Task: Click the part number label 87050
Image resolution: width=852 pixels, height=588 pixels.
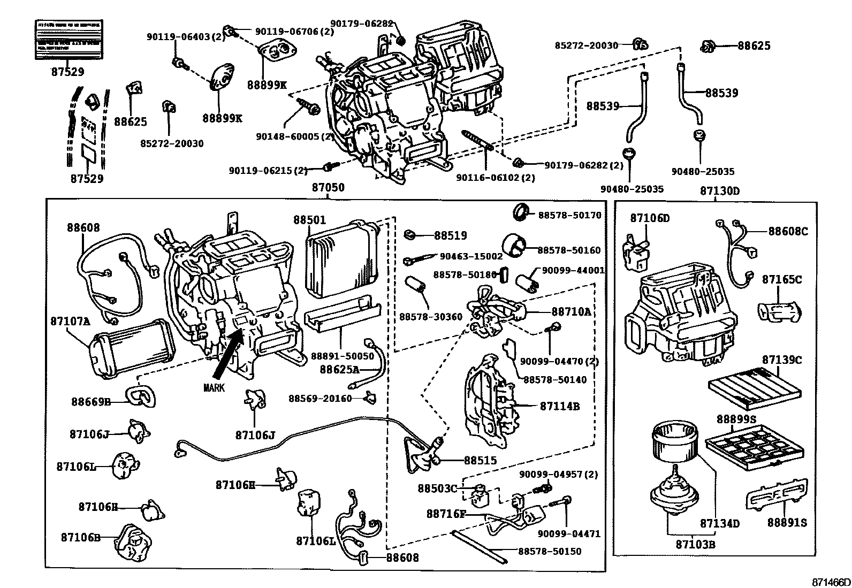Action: click(x=328, y=188)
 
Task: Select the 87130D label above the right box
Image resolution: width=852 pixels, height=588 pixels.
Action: click(x=720, y=191)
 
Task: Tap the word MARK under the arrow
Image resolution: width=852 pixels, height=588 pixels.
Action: click(x=214, y=388)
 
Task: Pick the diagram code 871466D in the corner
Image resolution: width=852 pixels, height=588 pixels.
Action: click(x=830, y=582)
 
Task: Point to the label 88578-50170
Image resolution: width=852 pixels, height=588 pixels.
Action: click(x=569, y=215)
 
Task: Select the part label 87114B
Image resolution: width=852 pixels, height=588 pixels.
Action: click(x=559, y=407)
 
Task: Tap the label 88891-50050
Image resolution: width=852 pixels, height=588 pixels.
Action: click(x=343, y=356)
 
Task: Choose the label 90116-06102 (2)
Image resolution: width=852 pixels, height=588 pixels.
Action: click(x=495, y=178)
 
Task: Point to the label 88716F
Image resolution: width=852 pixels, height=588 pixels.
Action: click(x=446, y=514)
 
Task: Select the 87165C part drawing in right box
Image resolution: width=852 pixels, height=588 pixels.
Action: click(x=779, y=311)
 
